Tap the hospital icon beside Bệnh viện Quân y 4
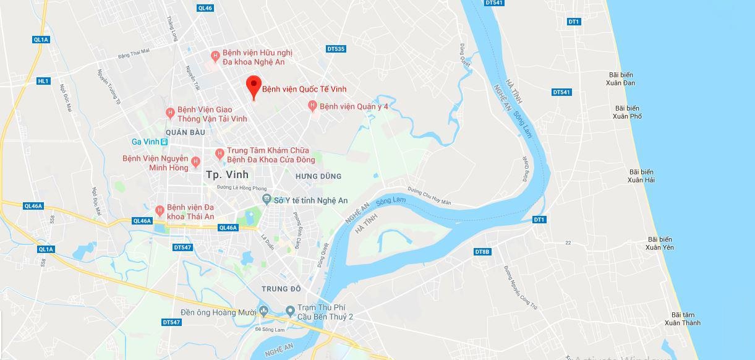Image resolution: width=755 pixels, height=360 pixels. coord(312,106)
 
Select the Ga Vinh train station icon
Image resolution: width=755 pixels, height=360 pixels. coord(164,142)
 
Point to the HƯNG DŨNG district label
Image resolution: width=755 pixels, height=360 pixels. coord(318,176)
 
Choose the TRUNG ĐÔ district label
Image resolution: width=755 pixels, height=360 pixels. coord(281,289)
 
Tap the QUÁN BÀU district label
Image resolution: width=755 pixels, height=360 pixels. coord(185,132)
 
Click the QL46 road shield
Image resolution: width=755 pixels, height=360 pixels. coord(205,8)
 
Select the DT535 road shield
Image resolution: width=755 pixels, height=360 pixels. coord(336,49)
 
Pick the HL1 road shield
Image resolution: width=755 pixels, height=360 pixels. coord(43,81)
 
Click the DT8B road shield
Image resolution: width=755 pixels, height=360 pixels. coord(482,252)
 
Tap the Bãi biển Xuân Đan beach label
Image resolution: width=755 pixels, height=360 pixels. coord(620,79)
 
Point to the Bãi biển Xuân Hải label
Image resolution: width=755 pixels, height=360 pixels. coord(641,176)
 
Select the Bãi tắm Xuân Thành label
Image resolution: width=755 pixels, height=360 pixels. coord(683,319)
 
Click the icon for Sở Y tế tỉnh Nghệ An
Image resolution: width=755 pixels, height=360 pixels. coord(267,199)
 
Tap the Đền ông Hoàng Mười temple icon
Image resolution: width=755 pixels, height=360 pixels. coord(264,311)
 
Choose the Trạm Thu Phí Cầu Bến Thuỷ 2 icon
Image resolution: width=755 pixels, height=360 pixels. coord(290,310)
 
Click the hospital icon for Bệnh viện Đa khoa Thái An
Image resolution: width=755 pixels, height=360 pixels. coord(160,210)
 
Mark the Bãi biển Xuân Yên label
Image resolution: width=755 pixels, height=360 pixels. coord(660,243)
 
